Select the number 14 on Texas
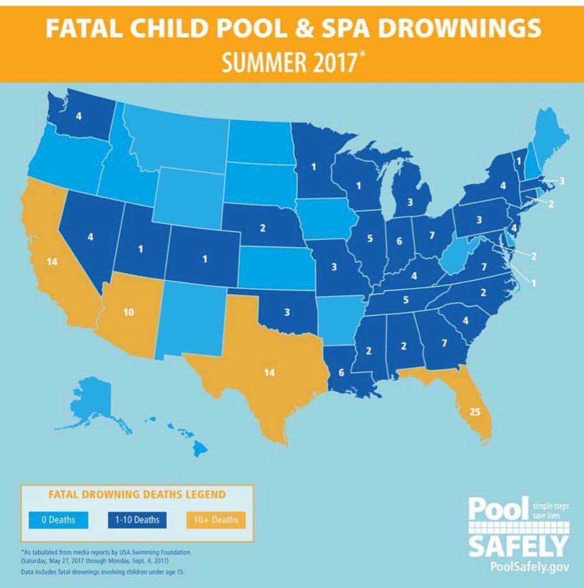point(269,373)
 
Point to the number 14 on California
point(52,262)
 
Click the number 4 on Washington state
point(78,115)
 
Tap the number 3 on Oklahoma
point(287,312)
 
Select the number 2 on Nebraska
point(262,228)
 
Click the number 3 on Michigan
point(409,202)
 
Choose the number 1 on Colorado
point(204,258)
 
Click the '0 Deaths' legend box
point(57,520)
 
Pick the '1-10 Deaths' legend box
point(137,520)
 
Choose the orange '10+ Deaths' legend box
point(216,520)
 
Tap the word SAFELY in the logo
point(518,545)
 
